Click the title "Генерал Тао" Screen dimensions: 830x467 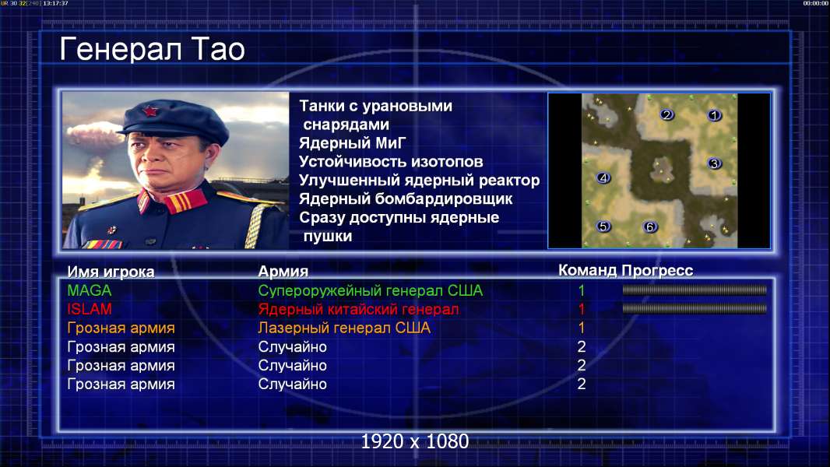click(152, 49)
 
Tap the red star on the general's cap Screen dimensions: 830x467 click(150, 111)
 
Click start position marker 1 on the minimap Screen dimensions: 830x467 click(714, 114)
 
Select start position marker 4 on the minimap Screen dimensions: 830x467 click(603, 178)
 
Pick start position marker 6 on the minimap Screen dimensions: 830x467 click(649, 227)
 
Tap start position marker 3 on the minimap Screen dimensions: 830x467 click(714, 163)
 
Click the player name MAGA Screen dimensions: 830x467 click(89, 290)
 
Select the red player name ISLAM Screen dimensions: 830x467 click(89, 309)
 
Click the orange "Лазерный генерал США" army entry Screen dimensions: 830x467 click(344, 328)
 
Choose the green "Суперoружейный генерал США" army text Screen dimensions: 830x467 click(370, 290)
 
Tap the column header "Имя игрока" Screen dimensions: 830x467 click(111, 272)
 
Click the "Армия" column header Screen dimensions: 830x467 click(283, 272)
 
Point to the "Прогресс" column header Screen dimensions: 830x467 click(657, 270)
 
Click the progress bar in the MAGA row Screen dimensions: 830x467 click(695, 290)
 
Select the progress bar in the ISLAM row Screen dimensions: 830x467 click(695, 308)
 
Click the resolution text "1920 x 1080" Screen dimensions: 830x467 click(414, 441)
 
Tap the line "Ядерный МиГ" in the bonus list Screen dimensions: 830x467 click(352, 142)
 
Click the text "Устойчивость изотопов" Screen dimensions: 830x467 click(391, 161)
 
